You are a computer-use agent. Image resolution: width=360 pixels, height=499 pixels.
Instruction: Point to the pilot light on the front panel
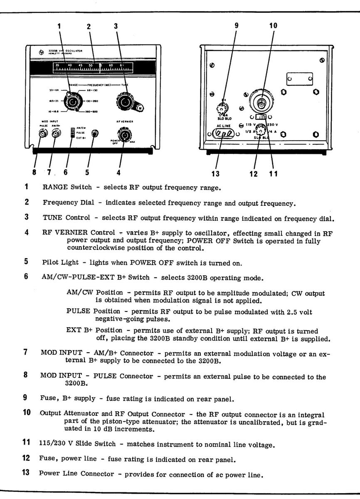coord(95,133)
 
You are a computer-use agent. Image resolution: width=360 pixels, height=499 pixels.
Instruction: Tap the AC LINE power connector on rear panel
coord(223,134)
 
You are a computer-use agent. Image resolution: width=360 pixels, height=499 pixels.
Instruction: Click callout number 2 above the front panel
coord(89,26)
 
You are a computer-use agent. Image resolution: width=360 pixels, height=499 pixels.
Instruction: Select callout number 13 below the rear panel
coord(216,173)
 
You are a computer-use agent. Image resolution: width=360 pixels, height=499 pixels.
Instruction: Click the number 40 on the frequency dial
coord(69,65)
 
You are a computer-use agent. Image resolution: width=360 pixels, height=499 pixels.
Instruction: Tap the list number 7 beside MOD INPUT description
coord(26,352)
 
